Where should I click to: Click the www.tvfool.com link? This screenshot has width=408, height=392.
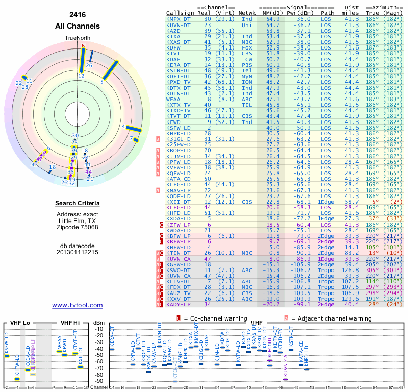(x=78, y=305)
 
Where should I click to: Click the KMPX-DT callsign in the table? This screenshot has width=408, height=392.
(x=178, y=18)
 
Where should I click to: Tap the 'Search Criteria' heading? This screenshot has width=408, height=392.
(x=78, y=204)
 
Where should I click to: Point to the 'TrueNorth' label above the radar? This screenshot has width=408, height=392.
(x=78, y=38)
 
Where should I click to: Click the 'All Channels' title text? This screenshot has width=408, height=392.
(x=78, y=26)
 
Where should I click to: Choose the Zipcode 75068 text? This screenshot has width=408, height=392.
(x=78, y=227)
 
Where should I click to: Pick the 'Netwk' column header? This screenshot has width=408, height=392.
(x=247, y=12)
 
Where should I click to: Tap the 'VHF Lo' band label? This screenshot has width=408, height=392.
(x=19, y=323)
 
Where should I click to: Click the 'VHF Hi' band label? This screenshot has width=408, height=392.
(x=69, y=323)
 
